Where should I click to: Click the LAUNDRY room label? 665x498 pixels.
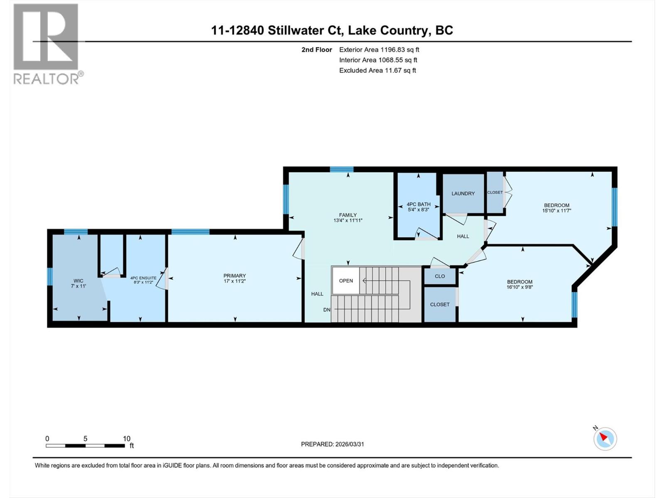(463, 193)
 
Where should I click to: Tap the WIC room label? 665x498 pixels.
(79, 281)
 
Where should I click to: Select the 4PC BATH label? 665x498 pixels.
(419, 204)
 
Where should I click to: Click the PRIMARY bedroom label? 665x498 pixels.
(234, 276)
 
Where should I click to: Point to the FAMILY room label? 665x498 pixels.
(348, 215)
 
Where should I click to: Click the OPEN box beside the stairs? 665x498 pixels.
(346, 281)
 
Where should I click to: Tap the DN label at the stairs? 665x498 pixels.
(327, 310)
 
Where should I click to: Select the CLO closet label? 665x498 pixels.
(440, 276)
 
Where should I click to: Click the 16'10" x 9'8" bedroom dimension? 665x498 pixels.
(520, 287)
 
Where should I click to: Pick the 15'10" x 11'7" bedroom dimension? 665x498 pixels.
(557, 210)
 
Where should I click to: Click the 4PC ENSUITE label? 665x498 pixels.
(143, 278)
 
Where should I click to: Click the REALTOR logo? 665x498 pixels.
(46, 44)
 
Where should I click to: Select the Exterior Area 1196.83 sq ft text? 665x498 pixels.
(379, 50)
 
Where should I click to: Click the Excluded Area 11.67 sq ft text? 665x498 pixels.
(377, 71)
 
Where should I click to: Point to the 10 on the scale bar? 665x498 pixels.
(126, 439)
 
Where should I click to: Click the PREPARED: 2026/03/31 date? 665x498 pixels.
(332, 444)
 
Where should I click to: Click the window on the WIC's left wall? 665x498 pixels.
(50, 277)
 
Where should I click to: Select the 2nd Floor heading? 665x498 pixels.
(317, 50)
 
